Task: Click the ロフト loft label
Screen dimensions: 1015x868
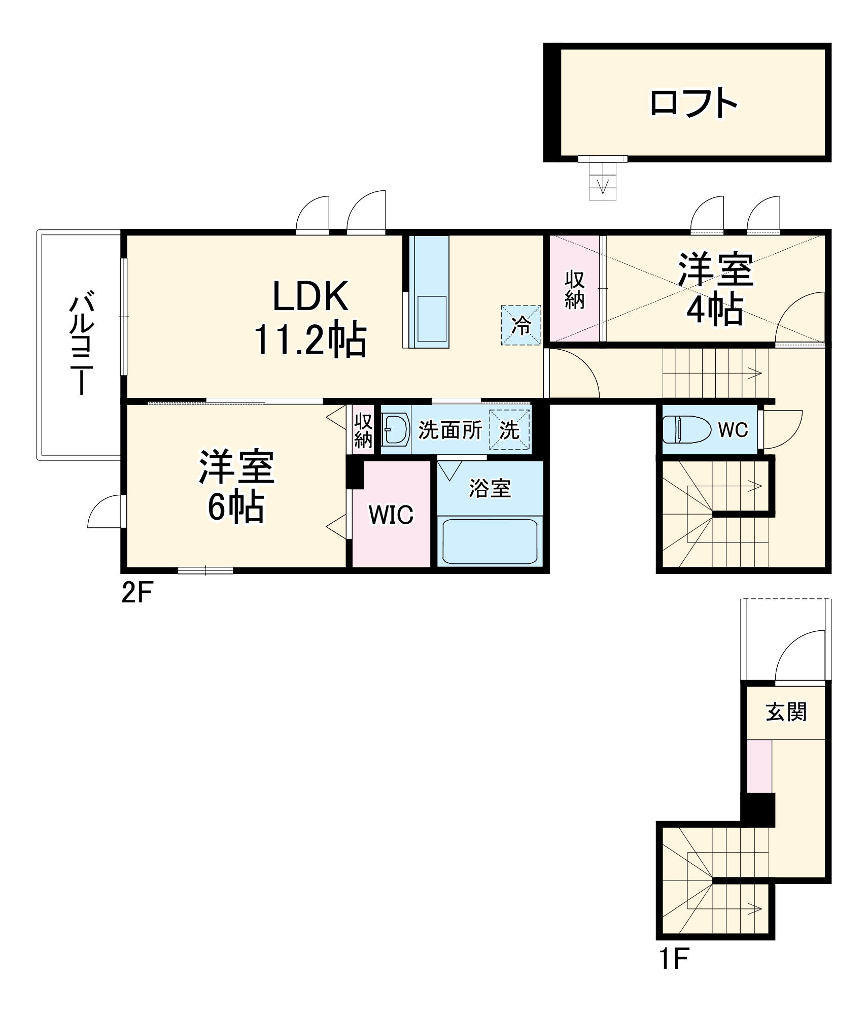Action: click(693, 103)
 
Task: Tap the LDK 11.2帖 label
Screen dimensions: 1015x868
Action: click(310, 318)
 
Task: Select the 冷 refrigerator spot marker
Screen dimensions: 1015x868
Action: click(521, 325)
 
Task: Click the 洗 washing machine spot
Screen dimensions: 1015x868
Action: click(509, 430)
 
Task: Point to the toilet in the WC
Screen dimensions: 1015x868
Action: click(687, 429)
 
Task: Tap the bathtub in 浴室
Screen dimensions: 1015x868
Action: click(490, 540)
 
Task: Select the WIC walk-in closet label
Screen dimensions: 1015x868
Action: click(391, 515)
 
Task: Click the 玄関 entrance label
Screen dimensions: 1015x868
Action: click(786, 712)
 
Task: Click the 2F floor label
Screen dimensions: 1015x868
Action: click(136, 592)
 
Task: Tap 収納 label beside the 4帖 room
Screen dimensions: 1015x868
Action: click(574, 290)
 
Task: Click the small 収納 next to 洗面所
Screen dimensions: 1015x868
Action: click(363, 430)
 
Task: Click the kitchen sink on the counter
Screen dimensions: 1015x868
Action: click(431, 319)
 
